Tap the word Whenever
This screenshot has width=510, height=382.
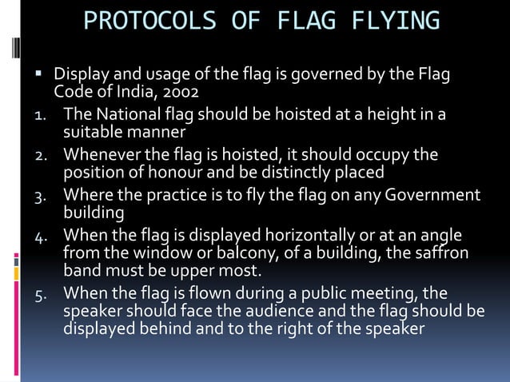101,153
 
